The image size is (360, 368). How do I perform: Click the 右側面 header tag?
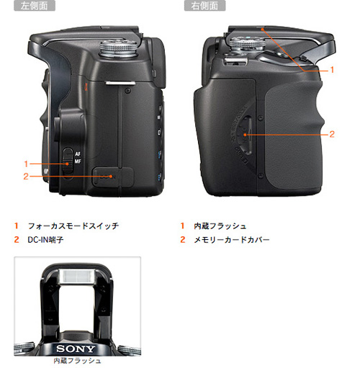pos(205,6)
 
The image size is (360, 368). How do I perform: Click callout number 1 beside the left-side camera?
pos(26,163)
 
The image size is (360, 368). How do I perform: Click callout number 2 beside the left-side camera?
pos(26,176)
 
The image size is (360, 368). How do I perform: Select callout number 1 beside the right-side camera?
pos(332,70)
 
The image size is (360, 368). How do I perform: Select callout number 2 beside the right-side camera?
pos(332,134)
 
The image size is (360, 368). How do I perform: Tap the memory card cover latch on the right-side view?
pos(246,133)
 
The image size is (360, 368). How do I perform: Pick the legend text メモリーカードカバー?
pos(231,239)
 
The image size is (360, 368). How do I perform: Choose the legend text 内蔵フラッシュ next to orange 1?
pos(220,226)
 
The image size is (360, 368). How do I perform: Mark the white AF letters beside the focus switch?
pos(78,154)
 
